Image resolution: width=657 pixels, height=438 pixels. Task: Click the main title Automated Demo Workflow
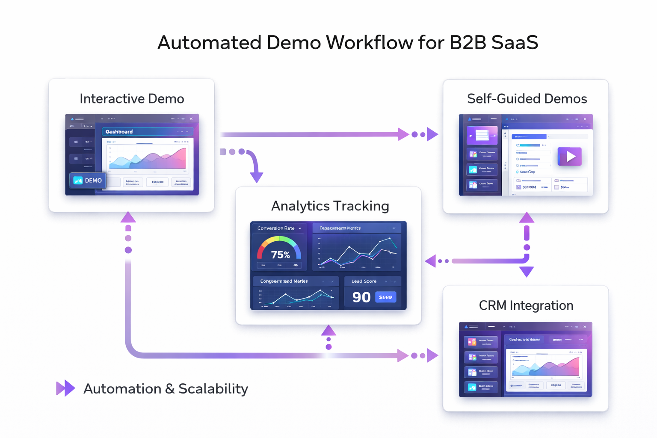click(347, 43)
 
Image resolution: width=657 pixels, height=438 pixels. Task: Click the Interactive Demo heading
click(132, 99)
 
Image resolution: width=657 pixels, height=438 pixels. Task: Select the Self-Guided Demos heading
click(527, 99)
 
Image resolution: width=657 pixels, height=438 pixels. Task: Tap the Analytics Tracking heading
click(330, 206)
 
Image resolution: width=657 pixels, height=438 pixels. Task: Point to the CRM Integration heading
click(526, 305)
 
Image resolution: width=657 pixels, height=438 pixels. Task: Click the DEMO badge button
click(88, 181)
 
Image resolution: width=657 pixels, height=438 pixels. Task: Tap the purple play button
click(570, 157)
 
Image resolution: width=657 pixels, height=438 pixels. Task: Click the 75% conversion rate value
click(281, 255)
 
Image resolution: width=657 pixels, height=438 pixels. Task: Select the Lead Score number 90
click(361, 297)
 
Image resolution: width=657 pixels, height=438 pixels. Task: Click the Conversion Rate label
click(276, 228)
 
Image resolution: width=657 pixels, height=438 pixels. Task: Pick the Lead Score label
click(364, 281)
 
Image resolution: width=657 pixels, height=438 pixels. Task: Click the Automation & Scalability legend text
click(166, 389)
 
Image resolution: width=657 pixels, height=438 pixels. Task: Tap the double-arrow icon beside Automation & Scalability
click(65, 388)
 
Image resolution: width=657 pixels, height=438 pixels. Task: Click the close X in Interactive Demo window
click(191, 119)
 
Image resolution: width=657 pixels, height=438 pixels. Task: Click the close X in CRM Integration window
click(585, 327)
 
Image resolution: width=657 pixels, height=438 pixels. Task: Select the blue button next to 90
click(385, 297)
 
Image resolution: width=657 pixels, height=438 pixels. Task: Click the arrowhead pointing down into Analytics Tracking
click(257, 177)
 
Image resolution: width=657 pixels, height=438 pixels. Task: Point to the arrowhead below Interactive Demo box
click(128, 217)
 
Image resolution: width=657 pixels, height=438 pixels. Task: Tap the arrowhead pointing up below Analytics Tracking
click(328, 330)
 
